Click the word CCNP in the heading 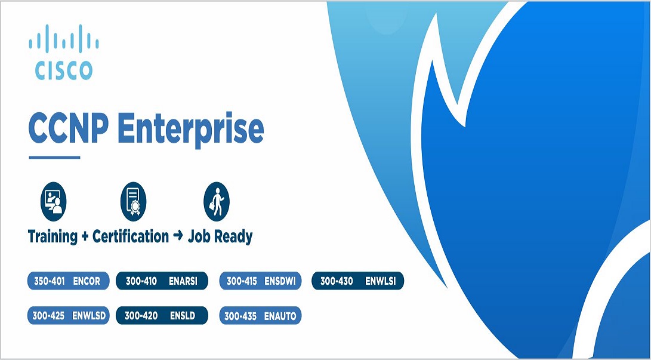[x=67, y=129]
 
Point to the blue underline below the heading [x=54, y=158]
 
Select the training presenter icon [x=53, y=201]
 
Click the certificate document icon [x=133, y=201]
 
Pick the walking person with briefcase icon [x=216, y=201]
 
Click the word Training [x=53, y=236]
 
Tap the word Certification [x=131, y=236]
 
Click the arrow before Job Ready [x=178, y=236]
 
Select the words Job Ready [x=220, y=236]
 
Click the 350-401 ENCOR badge [x=68, y=281]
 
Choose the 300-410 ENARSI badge [x=161, y=281]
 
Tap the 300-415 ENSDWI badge [x=260, y=281]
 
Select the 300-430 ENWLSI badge [x=357, y=281]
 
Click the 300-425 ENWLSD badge [x=68, y=315]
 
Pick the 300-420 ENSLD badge [x=161, y=315]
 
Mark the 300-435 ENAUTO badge [x=260, y=315]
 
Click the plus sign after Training [x=85, y=237]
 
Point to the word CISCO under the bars [x=63, y=70]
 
